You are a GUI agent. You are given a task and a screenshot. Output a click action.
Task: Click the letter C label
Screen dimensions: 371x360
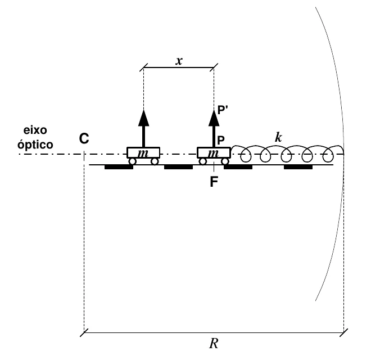tap(84, 138)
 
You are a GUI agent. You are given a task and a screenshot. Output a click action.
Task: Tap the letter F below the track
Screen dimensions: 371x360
tap(214, 182)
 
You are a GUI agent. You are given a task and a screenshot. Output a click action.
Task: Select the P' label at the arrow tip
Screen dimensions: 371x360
tap(223, 110)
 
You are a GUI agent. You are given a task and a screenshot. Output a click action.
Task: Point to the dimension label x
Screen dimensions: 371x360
tap(179, 61)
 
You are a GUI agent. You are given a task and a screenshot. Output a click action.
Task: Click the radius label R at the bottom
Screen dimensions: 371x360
tap(214, 344)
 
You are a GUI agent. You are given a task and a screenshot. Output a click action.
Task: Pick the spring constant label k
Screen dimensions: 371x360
tap(278, 137)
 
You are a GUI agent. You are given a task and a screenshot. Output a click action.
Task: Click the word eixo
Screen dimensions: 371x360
tap(35, 130)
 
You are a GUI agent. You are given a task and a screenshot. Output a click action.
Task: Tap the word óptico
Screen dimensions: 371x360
tap(35, 144)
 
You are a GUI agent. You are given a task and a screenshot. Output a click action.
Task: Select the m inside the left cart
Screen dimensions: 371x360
tap(143, 154)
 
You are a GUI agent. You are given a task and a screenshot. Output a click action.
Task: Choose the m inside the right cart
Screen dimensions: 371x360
tap(213, 154)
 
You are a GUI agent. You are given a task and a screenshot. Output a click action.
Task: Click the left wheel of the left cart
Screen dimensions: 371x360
tap(132, 161)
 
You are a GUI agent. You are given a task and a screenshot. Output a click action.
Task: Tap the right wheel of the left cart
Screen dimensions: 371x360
tap(155, 161)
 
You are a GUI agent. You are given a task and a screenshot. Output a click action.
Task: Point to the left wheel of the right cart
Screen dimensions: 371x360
tap(202, 161)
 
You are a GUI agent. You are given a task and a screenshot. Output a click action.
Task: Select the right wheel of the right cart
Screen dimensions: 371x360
tap(225, 161)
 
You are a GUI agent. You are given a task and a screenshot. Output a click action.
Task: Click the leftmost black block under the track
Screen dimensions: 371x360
tap(119, 167)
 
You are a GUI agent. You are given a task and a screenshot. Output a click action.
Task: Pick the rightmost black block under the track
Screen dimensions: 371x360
tap(298, 167)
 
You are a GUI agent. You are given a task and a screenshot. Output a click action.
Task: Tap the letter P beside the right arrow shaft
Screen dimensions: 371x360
tap(221, 140)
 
